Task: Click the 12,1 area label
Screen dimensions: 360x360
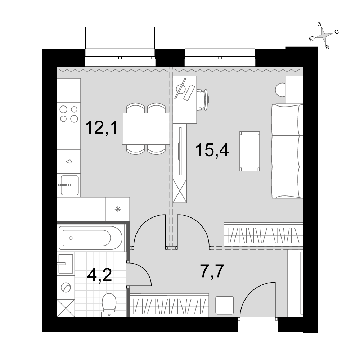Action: click(102, 128)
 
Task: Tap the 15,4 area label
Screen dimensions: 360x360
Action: click(212, 150)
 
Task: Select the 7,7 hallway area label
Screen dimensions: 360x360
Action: click(212, 271)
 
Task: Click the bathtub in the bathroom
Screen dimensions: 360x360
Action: click(91, 238)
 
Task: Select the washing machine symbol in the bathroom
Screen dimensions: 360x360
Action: click(66, 287)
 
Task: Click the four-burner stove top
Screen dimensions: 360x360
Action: click(69, 114)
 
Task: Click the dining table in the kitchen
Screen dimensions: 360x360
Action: click(146, 129)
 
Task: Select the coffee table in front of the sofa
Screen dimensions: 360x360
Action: click(249, 151)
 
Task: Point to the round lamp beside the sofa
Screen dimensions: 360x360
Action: click(280, 90)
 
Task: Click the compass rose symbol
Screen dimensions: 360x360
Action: click(323, 35)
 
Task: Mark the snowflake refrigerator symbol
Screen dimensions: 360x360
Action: click(118, 209)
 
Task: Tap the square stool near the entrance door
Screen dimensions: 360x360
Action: click(225, 305)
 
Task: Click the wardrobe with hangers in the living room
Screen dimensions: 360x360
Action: click(264, 235)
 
